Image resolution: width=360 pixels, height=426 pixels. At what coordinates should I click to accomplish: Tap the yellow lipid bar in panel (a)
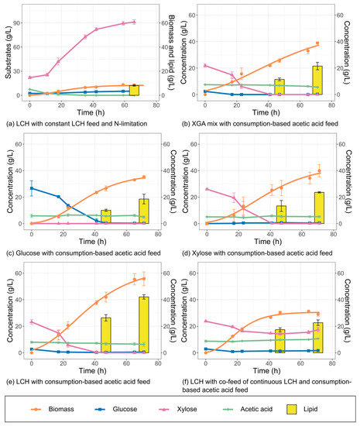[x=134, y=90]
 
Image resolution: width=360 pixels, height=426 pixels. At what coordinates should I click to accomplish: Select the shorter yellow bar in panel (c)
[x=106, y=217]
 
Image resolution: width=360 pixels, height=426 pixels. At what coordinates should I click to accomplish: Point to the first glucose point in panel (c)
[x=31, y=188]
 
